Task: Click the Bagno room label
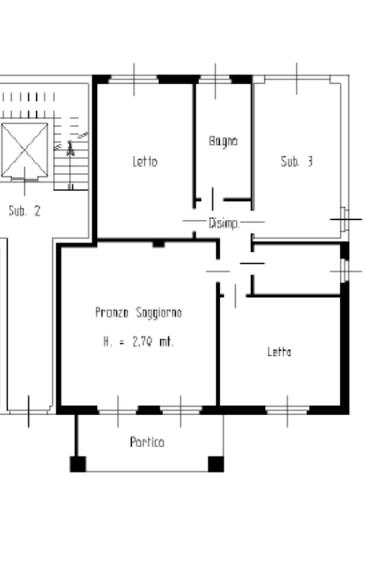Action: [223, 142]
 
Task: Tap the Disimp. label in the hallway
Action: [224, 224]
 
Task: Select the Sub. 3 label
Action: [297, 161]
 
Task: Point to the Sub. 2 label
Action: [24, 210]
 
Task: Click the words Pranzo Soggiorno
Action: [138, 313]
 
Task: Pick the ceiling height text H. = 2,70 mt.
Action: [138, 341]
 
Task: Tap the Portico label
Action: [147, 442]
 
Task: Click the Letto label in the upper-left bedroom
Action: [145, 161]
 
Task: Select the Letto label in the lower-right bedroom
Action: [279, 351]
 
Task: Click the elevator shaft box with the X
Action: [24, 150]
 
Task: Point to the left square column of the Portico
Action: [78, 464]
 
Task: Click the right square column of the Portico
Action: [216, 464]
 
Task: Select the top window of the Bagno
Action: [215, 79]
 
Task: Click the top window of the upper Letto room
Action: [134, 79]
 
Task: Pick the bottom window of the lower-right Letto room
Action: [287, 410]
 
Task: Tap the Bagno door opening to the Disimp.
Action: [212, 199]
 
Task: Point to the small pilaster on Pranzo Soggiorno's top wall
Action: [159, 244]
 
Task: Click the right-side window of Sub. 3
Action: [345, 219]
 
